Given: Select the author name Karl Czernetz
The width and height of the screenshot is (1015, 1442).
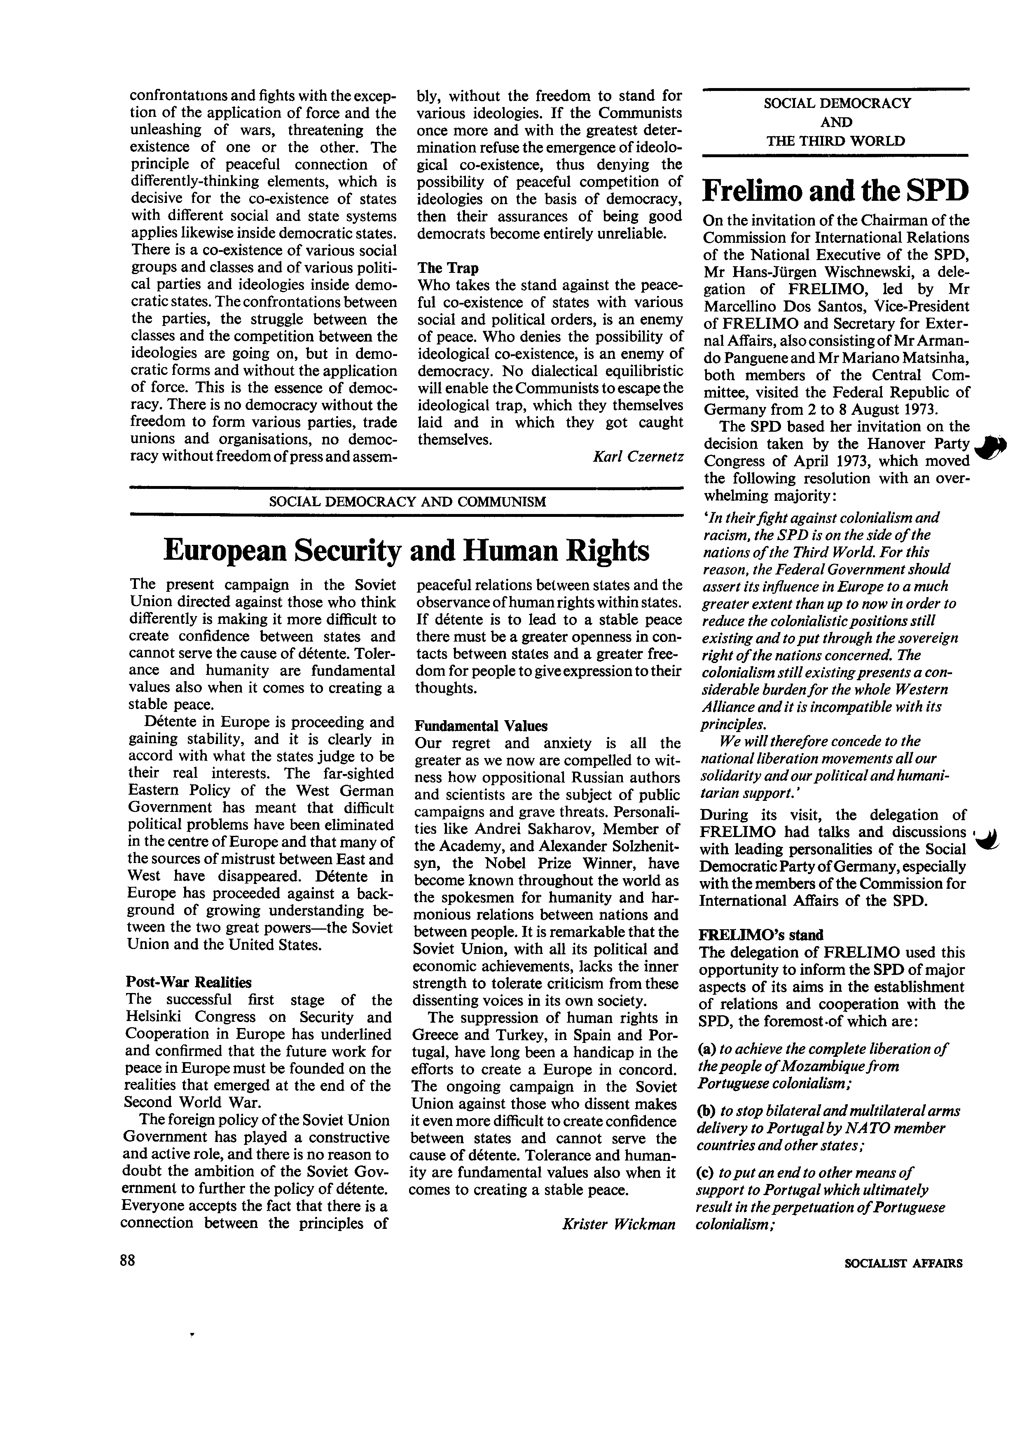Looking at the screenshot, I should click(x=637, y=456).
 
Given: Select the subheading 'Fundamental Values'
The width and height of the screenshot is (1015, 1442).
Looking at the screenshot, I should click(x=481, y=726).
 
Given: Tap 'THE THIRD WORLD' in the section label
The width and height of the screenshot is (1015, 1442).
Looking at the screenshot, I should click(x=835, y=141).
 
